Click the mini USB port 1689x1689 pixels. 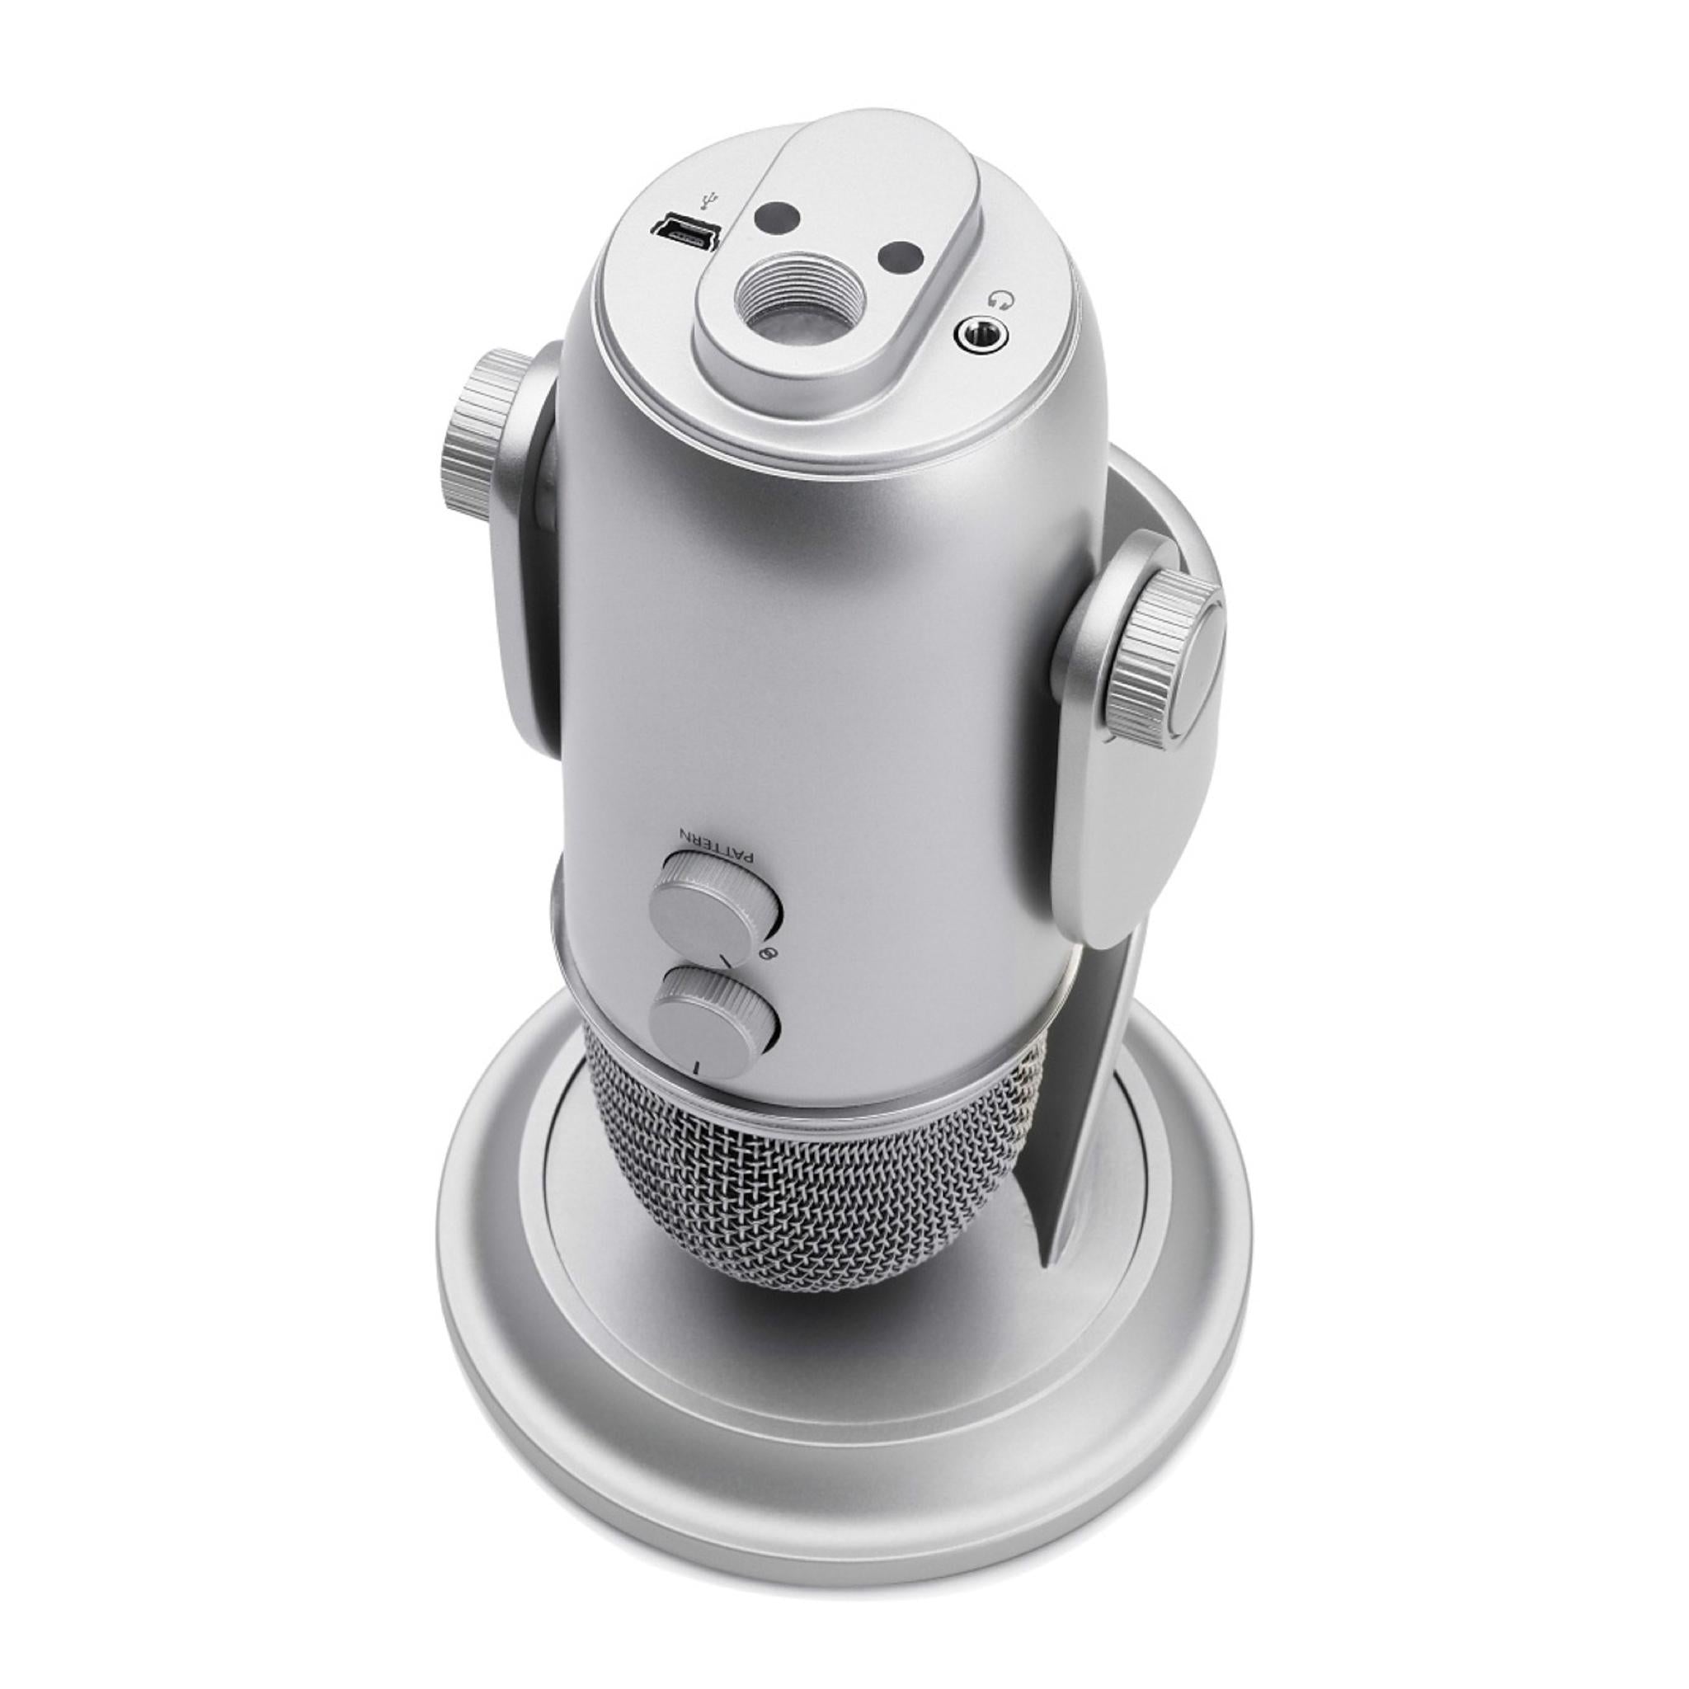[x=683, y=230]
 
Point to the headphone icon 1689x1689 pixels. [x=1002, y=301]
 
